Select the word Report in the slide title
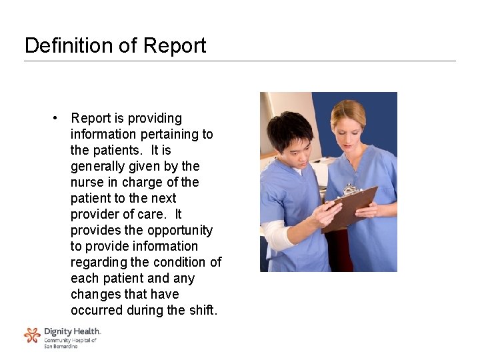point(174,45)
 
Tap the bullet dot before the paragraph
point(58,118)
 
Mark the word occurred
point(97,310)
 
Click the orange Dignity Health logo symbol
point(32,335)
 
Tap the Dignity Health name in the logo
point(72,331)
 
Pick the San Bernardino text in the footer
point(61,346)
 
